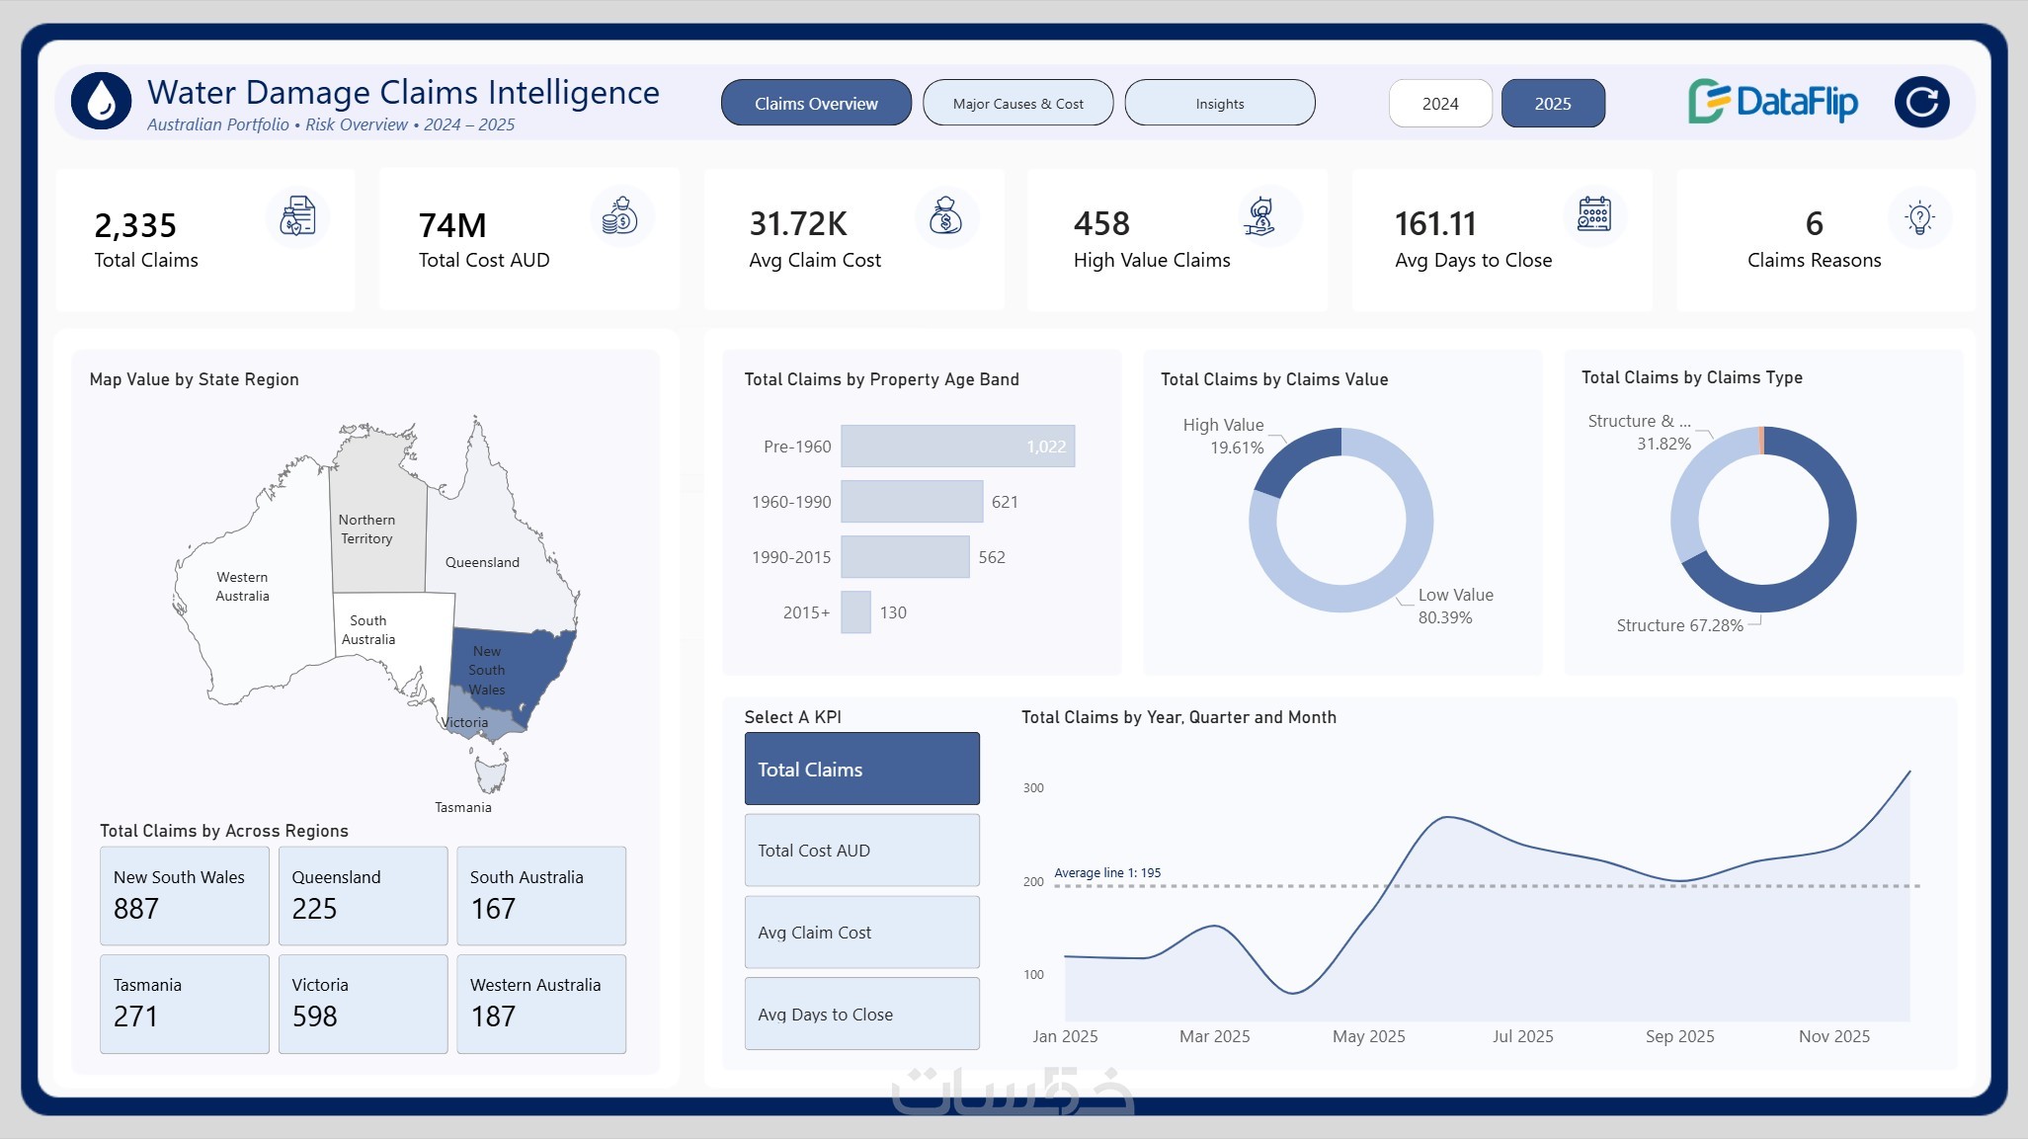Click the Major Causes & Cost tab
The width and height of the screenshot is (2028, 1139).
[x=1017, y=103]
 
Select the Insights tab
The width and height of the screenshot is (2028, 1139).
[x=1220, y=103]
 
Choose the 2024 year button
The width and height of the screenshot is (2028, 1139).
[x=1440, y=103]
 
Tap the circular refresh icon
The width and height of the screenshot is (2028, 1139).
[x=1921, y=102]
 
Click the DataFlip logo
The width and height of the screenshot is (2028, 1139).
[x=1773, y=102]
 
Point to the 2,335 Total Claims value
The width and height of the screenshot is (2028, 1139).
[x=135, y=225]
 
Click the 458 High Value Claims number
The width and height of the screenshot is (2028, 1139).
[x=1101, y=223]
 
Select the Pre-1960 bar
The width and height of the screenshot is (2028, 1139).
[x=958, y=446]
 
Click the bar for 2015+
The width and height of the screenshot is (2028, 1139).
[x=855, y=612]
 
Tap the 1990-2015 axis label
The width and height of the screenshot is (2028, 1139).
[x=791, y=557]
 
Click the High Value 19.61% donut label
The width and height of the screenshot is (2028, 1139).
[x=1224, y=436]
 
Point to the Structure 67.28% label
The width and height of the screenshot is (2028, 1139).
[x=1679, y=625]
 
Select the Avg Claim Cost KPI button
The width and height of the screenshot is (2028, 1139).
[x=862, y=933]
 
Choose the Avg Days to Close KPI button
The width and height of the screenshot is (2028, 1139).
[x=862, y=1015]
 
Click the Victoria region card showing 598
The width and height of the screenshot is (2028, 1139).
[x=363, y=1004]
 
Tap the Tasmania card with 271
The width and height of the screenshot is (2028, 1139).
[x=185, y=1004]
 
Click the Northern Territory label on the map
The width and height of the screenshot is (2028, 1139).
[x=366, y=529]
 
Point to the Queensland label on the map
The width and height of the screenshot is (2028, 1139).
[x=482, y=562]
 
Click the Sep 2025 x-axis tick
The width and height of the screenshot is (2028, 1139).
[x=1679, y=1036]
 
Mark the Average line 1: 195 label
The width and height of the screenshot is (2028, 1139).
[x=1107, y=873]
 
